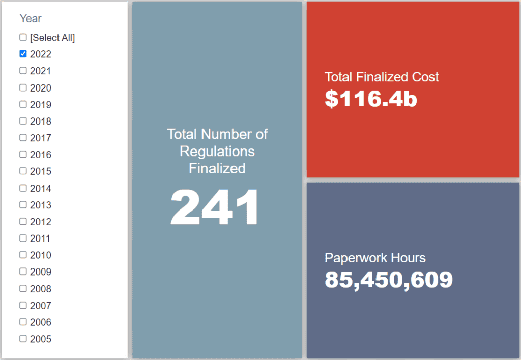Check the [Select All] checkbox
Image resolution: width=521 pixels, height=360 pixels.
point(23,37)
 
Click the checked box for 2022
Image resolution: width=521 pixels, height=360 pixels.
point(23,54)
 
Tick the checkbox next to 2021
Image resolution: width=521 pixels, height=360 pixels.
point(23,71)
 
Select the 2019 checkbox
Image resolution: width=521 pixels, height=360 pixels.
point(23,104)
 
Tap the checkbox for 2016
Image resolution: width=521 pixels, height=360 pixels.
point(23,155)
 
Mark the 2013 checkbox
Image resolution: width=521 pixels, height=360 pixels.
point(23,205)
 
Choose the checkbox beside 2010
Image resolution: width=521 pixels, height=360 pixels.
point(23,255)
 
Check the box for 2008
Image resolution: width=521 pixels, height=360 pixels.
point(23,288)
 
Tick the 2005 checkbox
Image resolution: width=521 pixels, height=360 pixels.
point(23,339)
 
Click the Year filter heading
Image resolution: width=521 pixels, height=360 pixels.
point(31,18)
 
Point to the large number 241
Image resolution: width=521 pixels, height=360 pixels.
point(215,207)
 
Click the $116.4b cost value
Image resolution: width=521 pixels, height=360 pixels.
point(371,99)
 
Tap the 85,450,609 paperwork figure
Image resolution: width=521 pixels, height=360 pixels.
point(389,280)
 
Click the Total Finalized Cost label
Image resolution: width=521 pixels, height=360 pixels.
point(382,77)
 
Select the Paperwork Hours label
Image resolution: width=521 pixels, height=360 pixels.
point(375,258)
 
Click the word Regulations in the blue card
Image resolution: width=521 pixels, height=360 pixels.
point(217,151)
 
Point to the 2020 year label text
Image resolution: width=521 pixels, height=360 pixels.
point(41,88)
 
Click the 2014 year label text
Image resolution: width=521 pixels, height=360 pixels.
point(41,189)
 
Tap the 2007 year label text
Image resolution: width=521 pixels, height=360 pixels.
point(41,306)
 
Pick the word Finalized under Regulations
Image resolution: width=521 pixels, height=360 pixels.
point(217,168)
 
